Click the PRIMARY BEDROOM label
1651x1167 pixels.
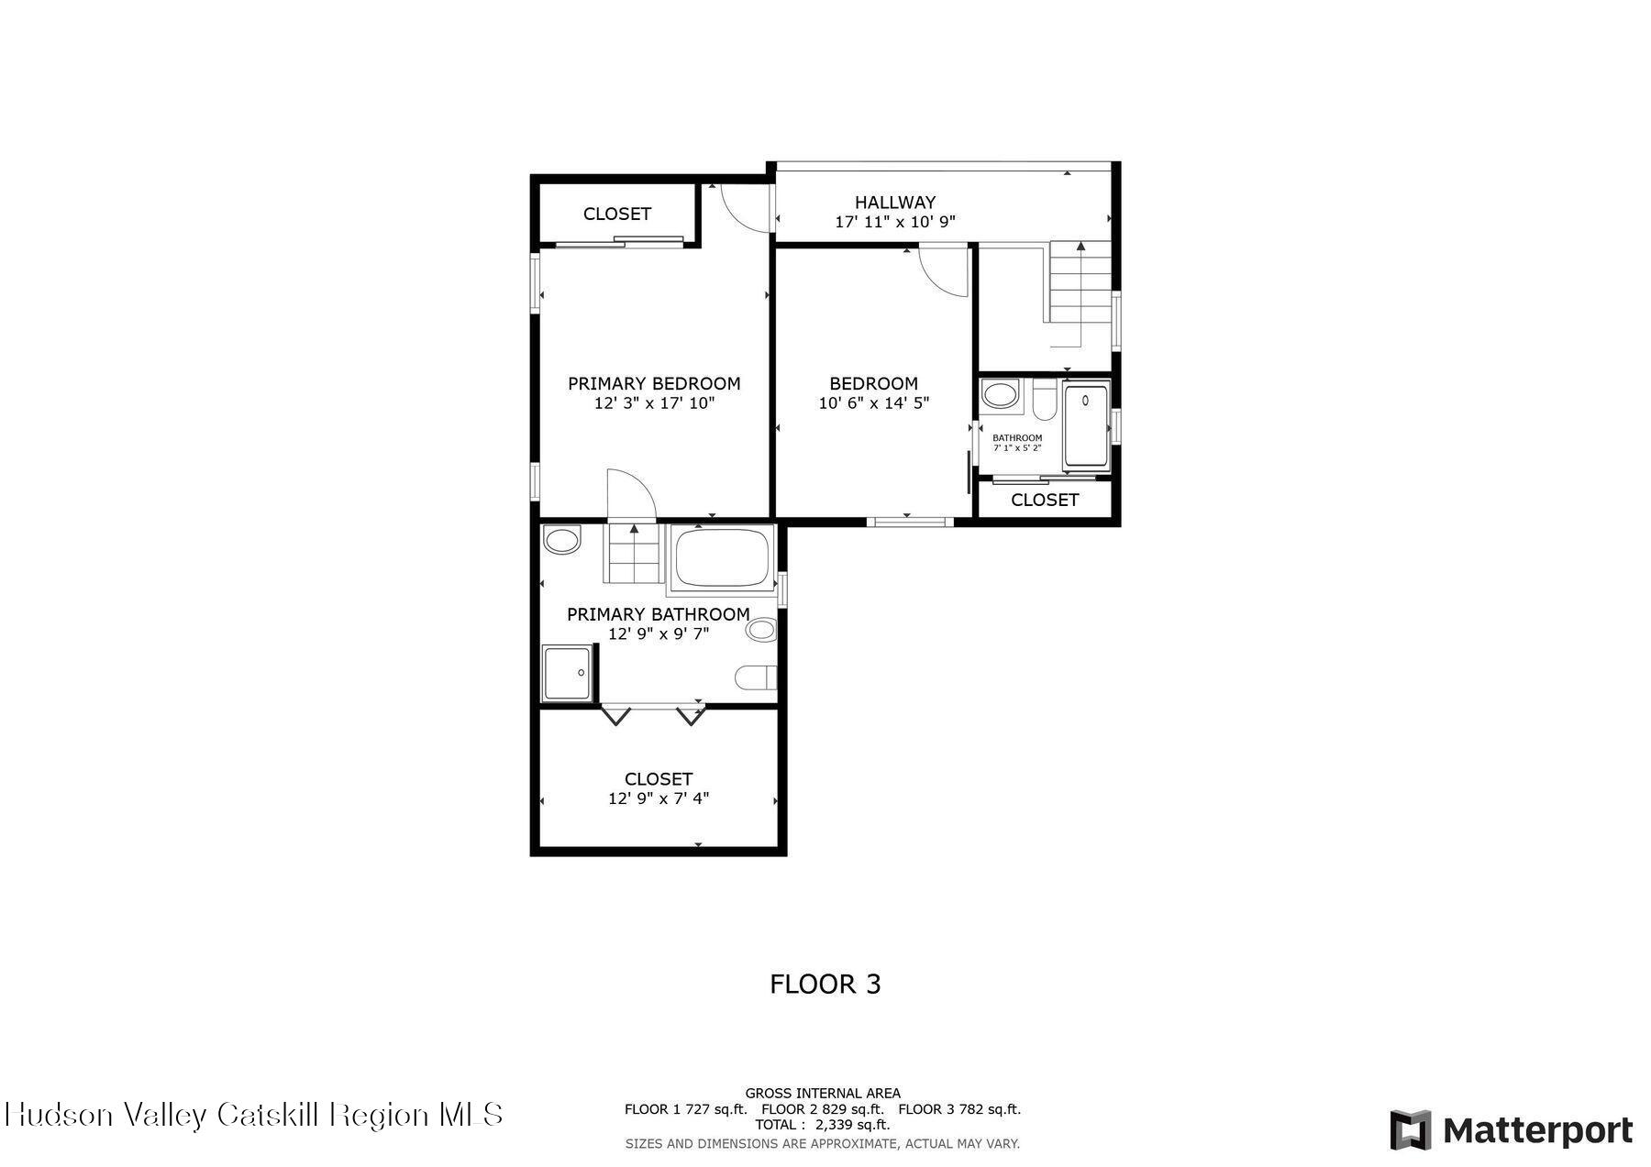(x=654, y=383)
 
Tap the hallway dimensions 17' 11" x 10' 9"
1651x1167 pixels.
(x=895, y=222)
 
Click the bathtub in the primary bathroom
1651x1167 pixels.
(x=722, y=557)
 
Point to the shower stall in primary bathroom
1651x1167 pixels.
(x=566, y=673)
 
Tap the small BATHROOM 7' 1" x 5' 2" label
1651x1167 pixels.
(x=1017, y=442)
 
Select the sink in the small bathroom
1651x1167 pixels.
(x=1000, y=395)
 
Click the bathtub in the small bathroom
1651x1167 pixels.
(x=1087, y=426)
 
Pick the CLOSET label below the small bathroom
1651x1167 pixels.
(x=1044, y=500)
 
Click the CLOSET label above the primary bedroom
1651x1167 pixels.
(x=616, y=214)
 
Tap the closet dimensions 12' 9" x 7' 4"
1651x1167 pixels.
(x=658, y=798)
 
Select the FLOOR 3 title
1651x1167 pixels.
(x=825, y=984)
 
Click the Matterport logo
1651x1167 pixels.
(x=1511, y=1129)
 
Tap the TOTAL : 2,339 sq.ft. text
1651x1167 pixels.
(x=822, y=1125)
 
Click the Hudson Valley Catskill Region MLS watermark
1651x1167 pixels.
(x=254, y=1115)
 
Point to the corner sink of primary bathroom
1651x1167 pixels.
(x=560, y=540)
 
